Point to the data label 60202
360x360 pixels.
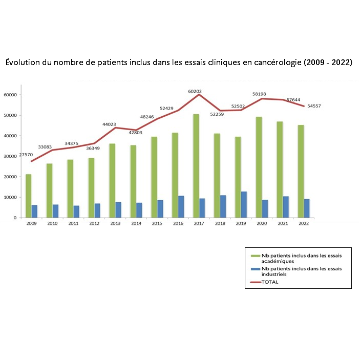pyautogui.click(x=195, y=91)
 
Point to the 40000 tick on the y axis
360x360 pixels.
pyautogui.click(x=10, y=136)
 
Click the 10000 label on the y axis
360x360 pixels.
pyautogui.click(x=10, y=197)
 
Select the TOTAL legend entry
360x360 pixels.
pyautogui.click(x=269, y=282)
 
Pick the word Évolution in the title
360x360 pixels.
pyautogui.click(x=22, y=62)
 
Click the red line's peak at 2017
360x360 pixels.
pyautogui.click(x=199, y=95)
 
